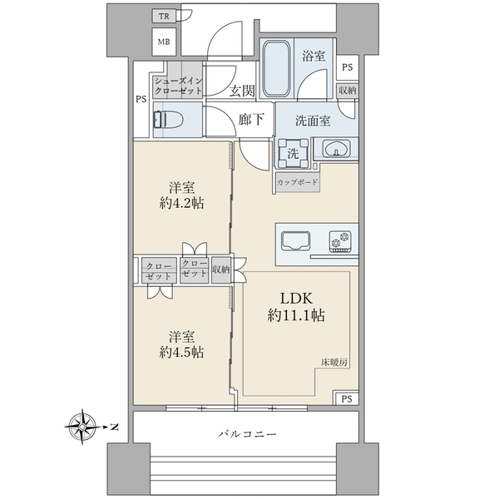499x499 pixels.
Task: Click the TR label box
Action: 164,17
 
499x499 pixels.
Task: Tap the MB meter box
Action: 164,42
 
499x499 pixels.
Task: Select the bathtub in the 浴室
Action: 277,68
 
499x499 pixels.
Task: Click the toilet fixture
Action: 168,119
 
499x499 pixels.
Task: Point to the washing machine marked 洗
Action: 293,153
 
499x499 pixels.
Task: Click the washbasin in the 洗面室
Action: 336,149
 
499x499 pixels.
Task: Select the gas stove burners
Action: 340,241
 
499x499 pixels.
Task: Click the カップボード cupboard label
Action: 297,182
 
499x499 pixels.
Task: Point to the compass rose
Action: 82,427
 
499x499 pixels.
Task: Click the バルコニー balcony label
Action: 247,434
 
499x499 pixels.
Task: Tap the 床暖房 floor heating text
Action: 333,363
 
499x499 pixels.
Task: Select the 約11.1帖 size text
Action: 296,315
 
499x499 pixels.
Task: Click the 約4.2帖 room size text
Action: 181,203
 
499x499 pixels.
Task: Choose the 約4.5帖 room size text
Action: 181,353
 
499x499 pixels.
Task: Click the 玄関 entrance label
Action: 242,91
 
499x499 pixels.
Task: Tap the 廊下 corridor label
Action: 251,120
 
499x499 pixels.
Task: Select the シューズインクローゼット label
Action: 178,86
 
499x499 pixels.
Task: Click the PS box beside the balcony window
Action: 347,398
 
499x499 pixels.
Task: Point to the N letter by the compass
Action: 114,427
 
